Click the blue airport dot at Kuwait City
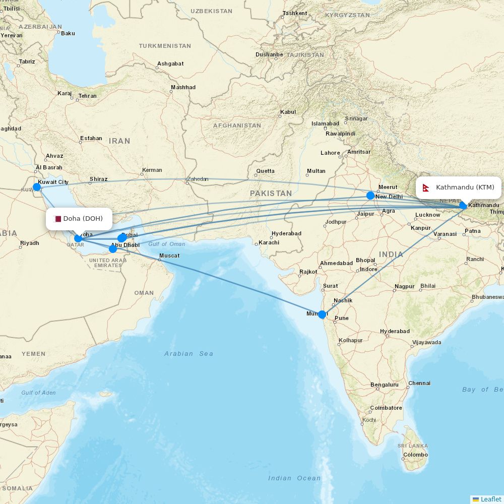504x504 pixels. point(37,187)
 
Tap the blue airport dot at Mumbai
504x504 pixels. point(322,314)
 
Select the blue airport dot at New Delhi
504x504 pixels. point(370,196)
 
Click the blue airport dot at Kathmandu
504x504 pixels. point(463,205)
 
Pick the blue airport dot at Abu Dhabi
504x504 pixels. point(113,248)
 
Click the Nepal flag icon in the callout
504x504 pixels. point(426,188)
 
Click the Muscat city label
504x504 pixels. point(169,256)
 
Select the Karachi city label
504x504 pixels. point(269,242)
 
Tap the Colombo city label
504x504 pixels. point(415,455)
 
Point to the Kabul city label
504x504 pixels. point(288,112)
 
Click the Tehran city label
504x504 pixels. point(87,96)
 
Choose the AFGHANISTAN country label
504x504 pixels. point(237,125)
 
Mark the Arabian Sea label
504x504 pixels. point(188,354)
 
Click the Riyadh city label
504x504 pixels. point(29,243)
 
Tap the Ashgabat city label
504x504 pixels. point(170,64)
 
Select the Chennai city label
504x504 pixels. point(419,383)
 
